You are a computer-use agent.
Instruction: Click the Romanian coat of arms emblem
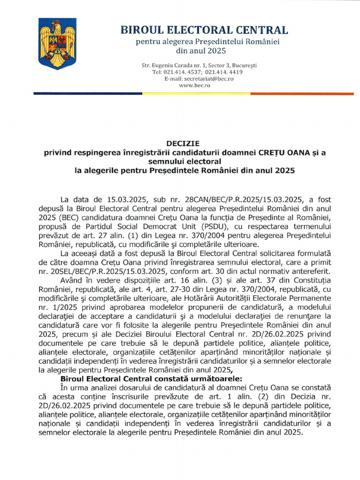(x=57, y=44)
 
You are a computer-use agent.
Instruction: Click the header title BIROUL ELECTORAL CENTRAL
(x=204, y=30)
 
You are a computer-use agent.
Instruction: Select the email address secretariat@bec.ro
(x=206, y=79)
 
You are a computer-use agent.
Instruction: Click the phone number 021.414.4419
(x=224, y=72)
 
